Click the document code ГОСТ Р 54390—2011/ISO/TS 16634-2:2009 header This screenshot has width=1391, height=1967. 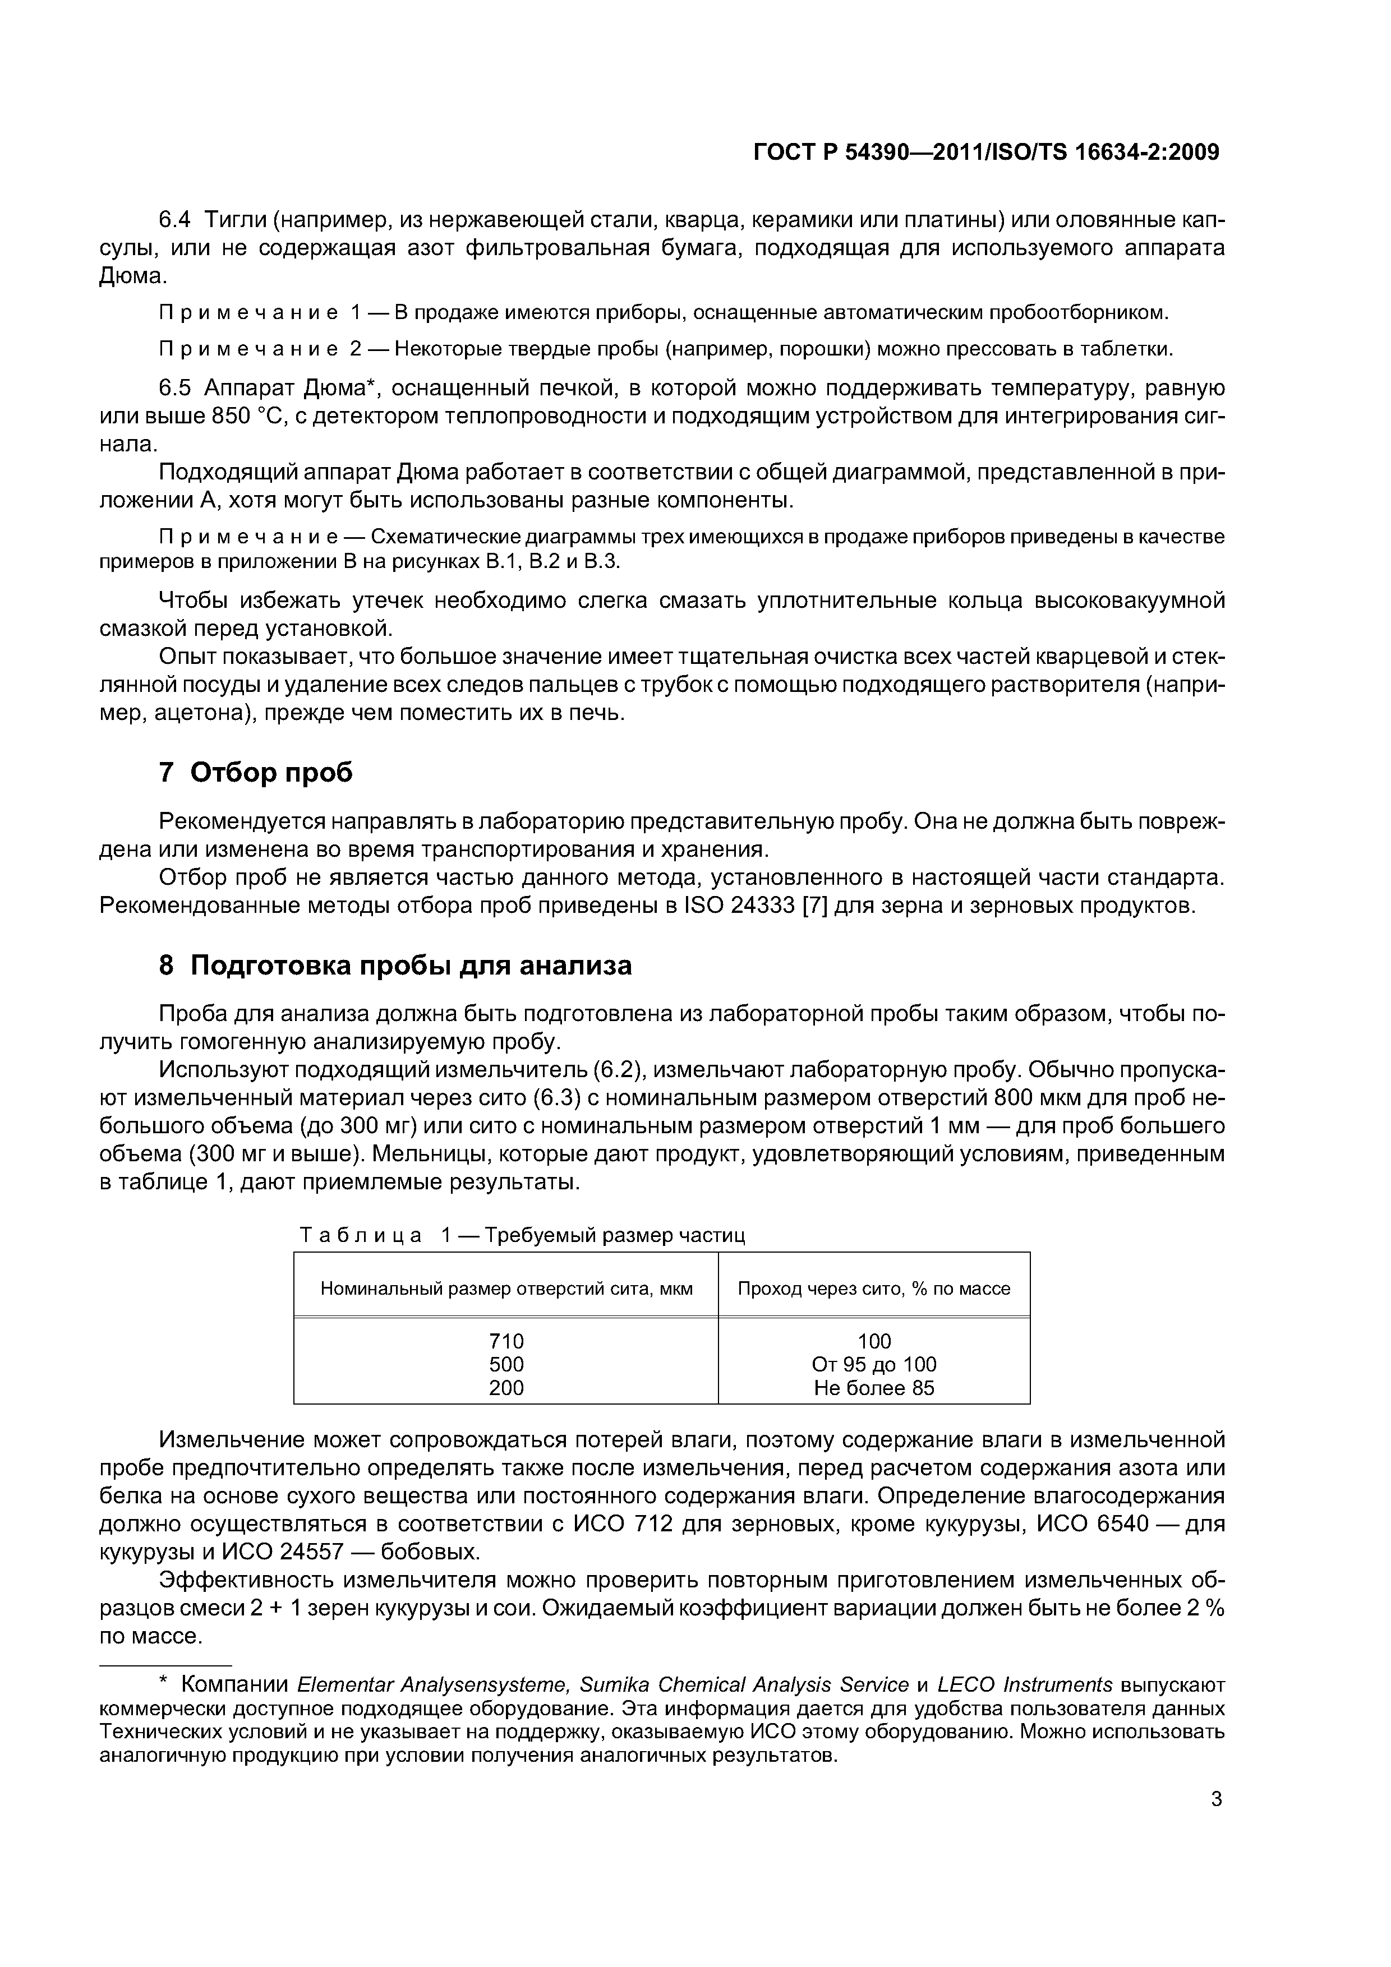pyautogui.click(x=985, y=153)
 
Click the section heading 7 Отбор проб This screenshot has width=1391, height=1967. pyautogui.click(x=255, y=772)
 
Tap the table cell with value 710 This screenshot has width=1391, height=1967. pyautogui.click(x=506, y=1341)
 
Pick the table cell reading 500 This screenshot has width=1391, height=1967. pyautogui.click(x=506, y=1364)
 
